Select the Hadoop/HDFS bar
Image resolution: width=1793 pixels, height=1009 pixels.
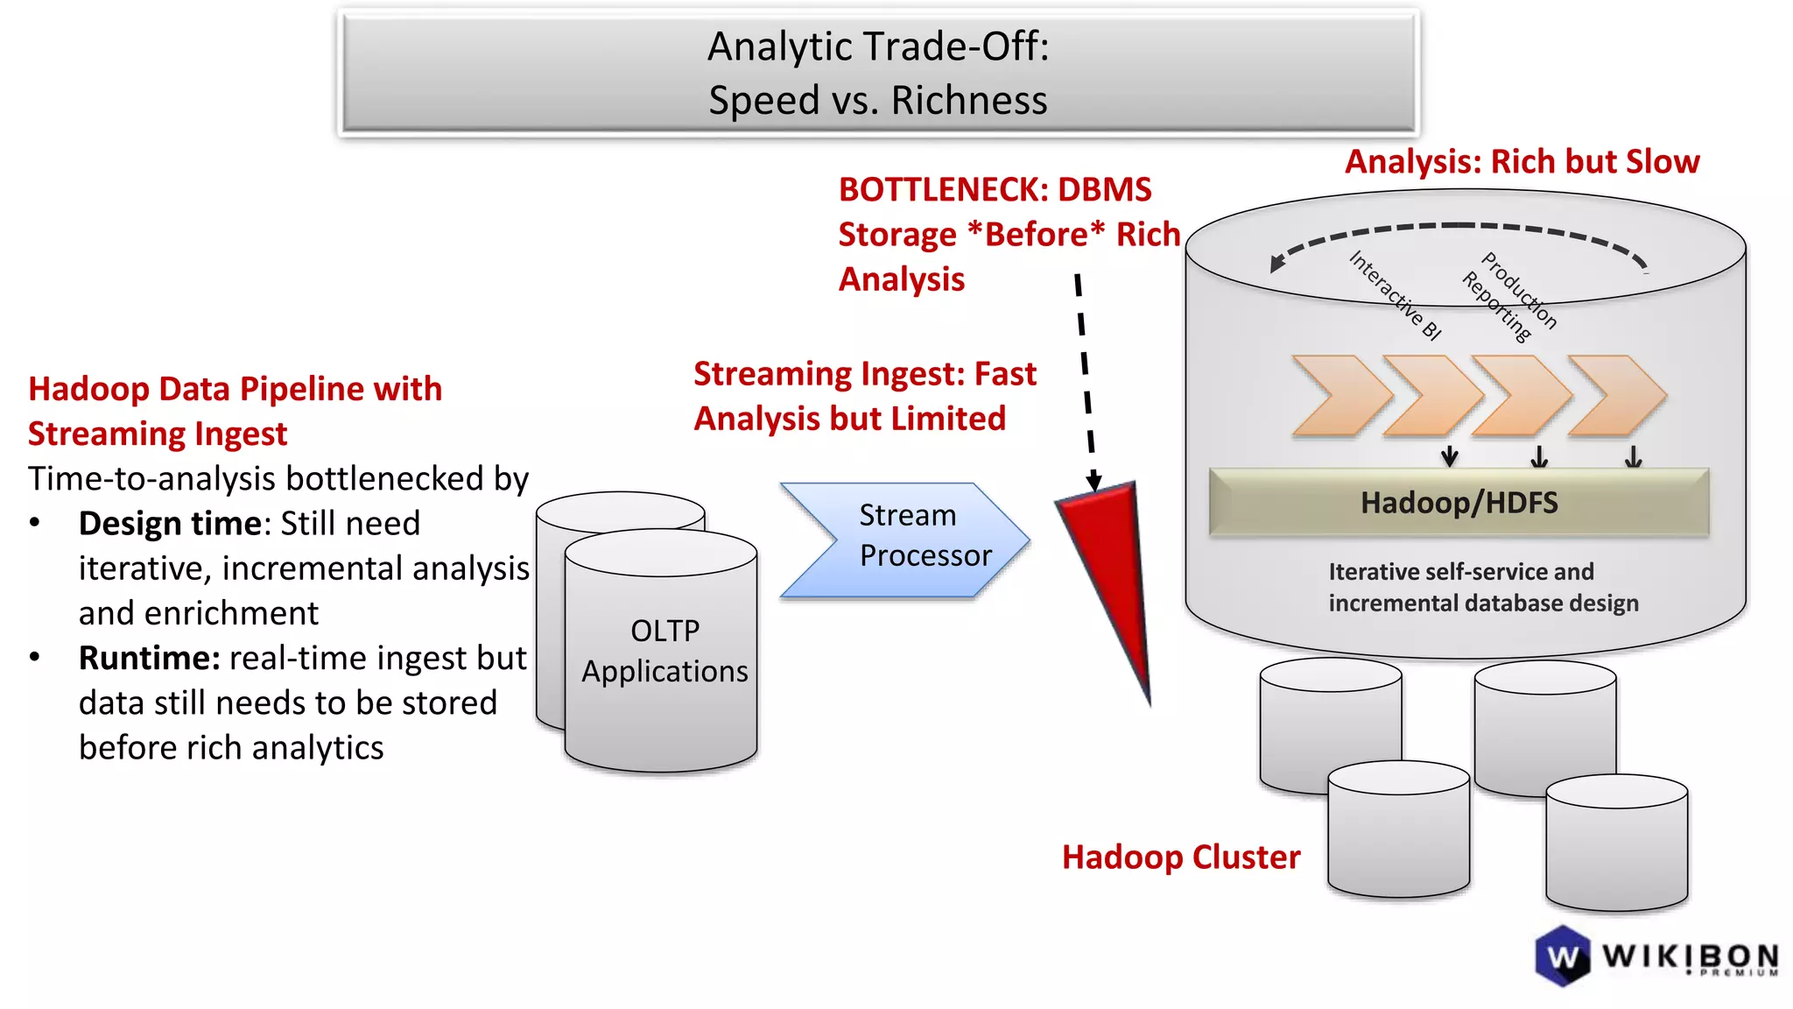[x=1459, y=503]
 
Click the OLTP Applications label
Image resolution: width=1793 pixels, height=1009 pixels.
[x=664, y=651]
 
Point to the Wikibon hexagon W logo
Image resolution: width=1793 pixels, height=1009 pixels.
[x=1563, y=956]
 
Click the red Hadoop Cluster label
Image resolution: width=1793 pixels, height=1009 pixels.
[x=1180, y=857]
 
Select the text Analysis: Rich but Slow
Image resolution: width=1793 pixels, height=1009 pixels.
[x=1522, y=162]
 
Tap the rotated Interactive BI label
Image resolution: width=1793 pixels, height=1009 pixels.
[x=1395, y=295]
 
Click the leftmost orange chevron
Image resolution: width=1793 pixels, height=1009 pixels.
[x=1339, y=396]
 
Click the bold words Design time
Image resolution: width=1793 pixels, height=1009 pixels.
[x=170, y=524]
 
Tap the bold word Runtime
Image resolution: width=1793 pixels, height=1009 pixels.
[x=149, y=659]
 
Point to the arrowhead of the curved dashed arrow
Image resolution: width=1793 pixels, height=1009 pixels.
[x=1277, y=263]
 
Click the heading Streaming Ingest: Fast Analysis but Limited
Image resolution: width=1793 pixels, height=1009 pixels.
[x=864, y=397]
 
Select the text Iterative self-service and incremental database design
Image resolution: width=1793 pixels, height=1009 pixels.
[x=1483, y=588]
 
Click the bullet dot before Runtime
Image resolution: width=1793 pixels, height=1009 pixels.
[x=35, y=657]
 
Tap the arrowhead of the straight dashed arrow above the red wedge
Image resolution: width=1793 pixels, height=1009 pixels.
[x=1093, y=482]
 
